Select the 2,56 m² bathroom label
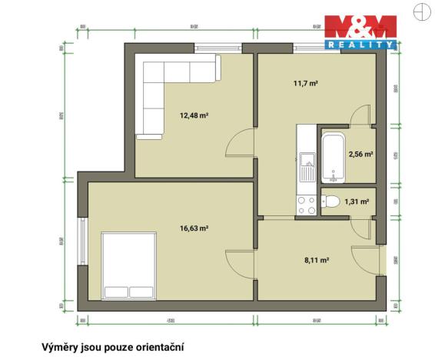pos(360,155)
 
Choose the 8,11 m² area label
pos(317,260)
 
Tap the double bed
pos(129,266)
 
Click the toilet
pos(331,202)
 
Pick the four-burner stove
pos(306,204)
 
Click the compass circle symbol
pos(420,11)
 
